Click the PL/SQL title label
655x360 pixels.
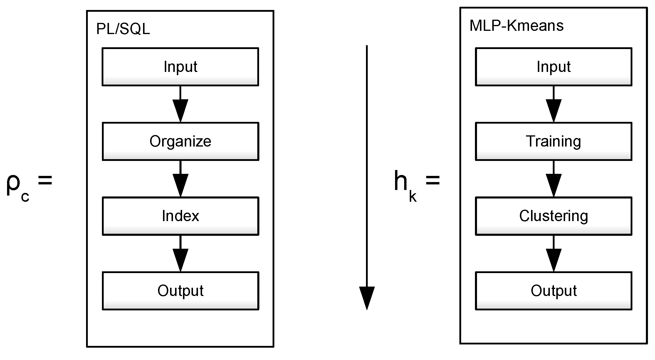[123, 29]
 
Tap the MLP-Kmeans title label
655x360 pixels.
[516, 26]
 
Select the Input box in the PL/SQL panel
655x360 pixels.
[180, 67]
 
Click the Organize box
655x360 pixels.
[180, 141]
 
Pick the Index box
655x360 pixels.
[180, 216]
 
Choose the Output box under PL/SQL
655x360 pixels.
[180, 291]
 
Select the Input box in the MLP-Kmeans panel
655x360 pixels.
[553, 67]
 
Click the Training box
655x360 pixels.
[553, 141]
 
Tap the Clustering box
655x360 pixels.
[553, 216]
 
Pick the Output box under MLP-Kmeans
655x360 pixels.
[553, 291]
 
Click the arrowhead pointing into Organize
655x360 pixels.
[180, 110]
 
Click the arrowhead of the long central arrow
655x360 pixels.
[367, 297]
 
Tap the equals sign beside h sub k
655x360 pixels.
[432, 180]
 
